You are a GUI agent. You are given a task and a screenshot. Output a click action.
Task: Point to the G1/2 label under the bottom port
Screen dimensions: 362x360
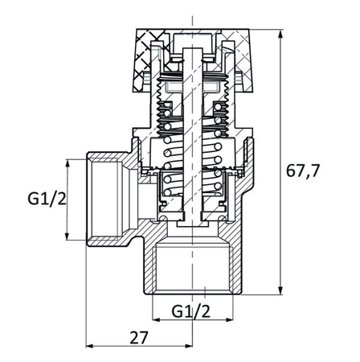tap(190, 310)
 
